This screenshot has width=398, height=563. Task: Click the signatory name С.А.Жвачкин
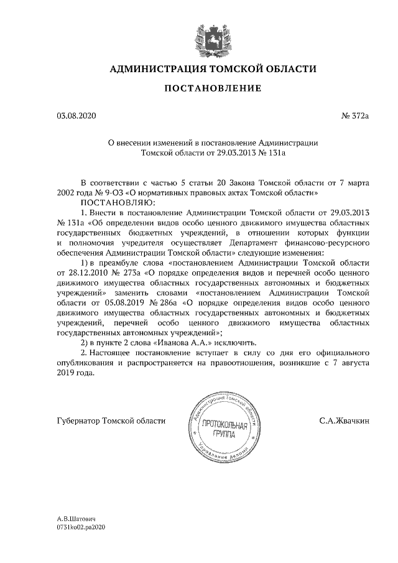tap(345, 421)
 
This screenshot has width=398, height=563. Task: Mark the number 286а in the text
tap(157, 302)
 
